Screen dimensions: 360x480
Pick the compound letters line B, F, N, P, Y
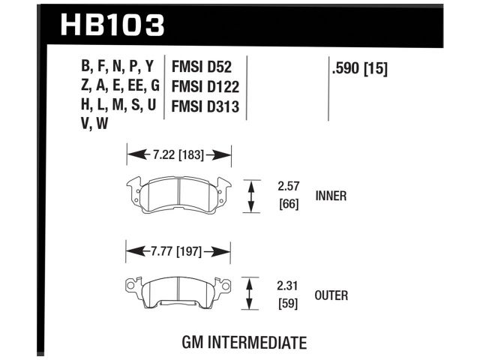point(121,68)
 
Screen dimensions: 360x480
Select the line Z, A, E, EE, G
point(121,87)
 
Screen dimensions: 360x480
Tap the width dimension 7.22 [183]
point(178,155)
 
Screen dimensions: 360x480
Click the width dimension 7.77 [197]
point(178,253)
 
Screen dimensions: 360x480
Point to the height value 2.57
point(289,184)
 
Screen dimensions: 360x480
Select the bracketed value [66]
point(289,203)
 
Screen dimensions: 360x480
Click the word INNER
point(332,196)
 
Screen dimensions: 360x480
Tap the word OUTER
point(332,295)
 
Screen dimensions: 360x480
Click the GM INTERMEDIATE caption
point(244,343)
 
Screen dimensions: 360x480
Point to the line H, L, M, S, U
point(119,106)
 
